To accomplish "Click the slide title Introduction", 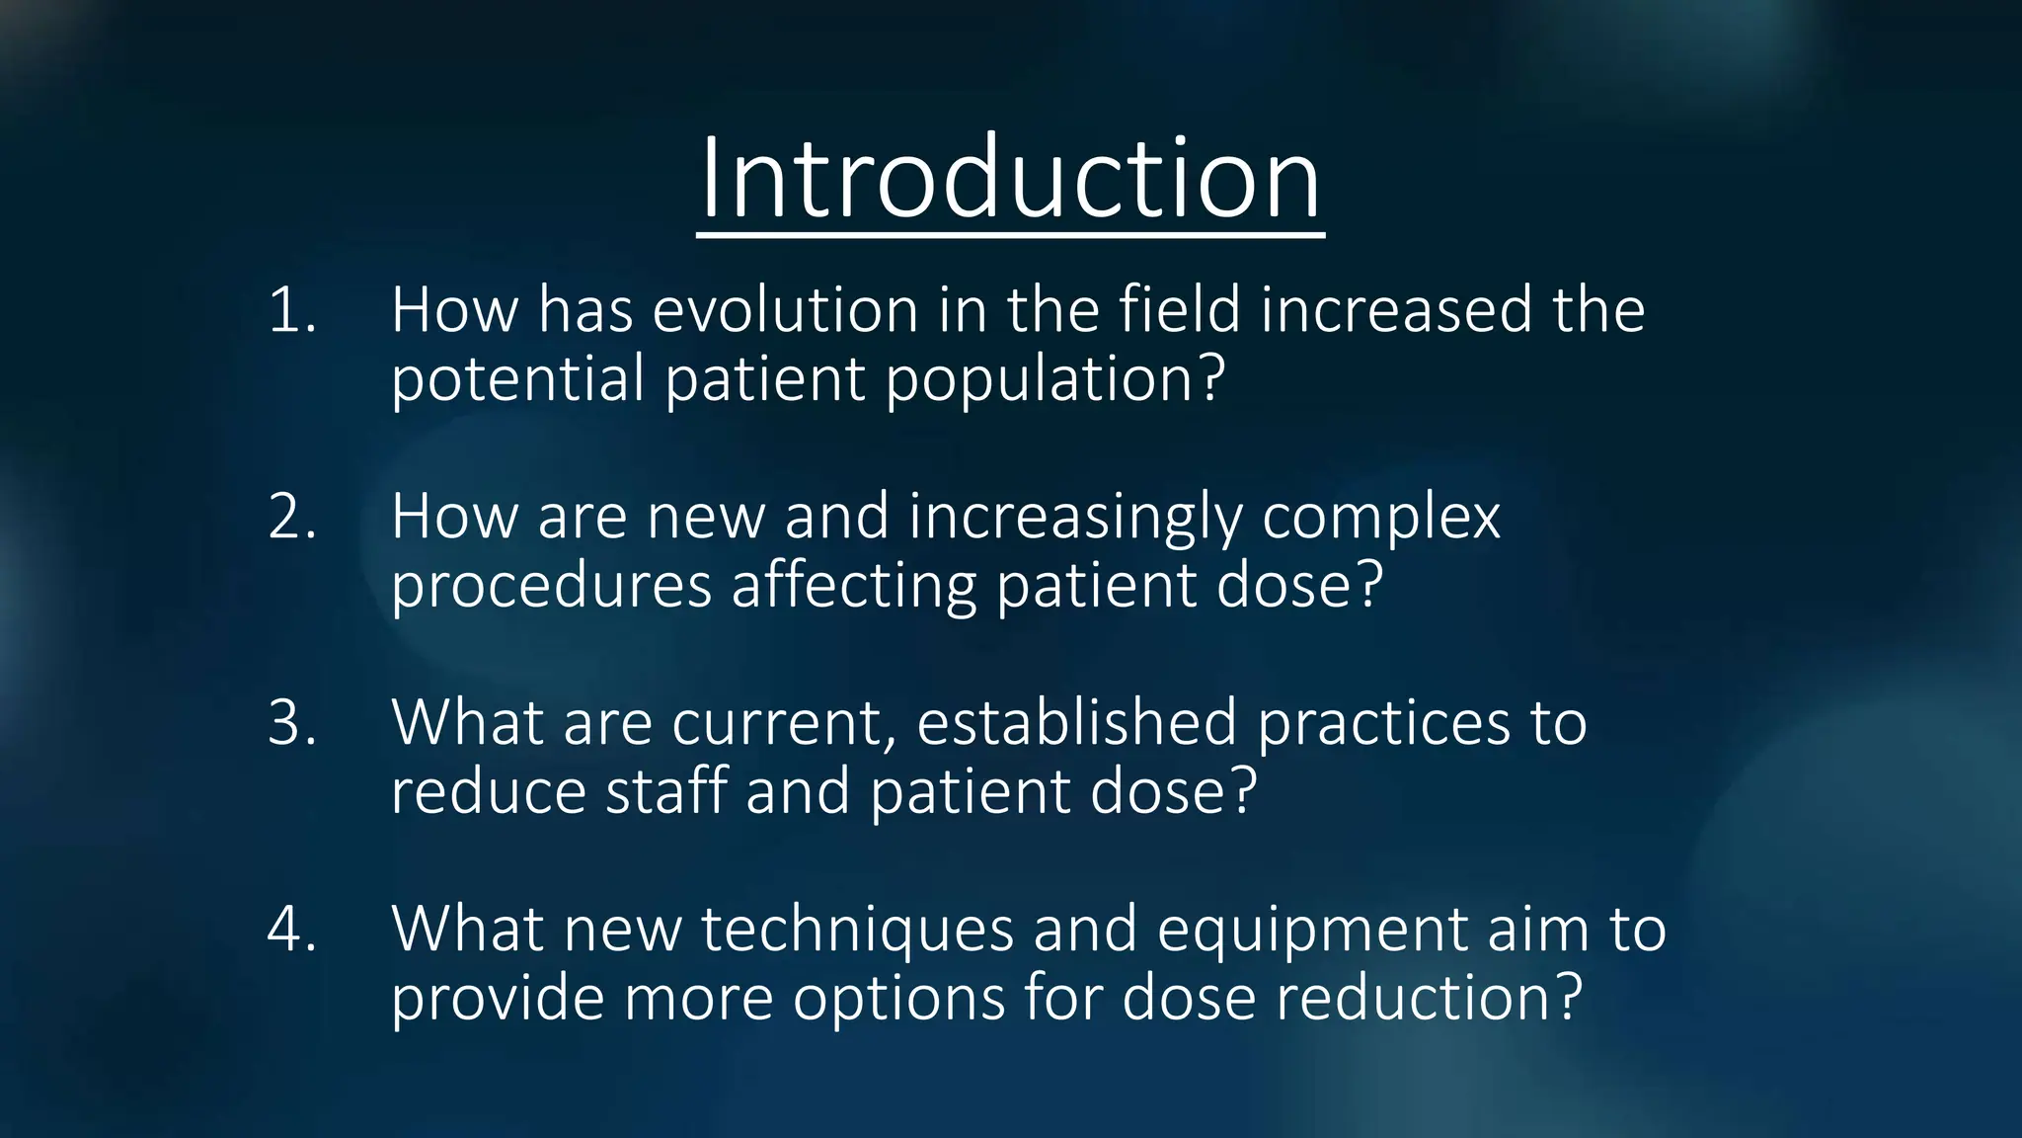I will [x=1010, y=179].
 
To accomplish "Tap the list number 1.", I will [x=292, y=310].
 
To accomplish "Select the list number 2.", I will [x=292, y=517].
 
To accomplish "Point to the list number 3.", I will [x=292, y=723].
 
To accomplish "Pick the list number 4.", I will [x=292, y=930].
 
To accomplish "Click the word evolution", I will [x=785, y=310].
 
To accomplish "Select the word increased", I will [x=1396, y=310].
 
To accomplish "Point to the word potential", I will [x=517, y=378].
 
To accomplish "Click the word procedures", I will [x=551, y=587].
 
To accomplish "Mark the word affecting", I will [x=853, y=587].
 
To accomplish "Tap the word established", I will [x=1076, y=723].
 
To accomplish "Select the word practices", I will [x=1383, y=723].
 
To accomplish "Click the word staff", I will [x=665, y=791].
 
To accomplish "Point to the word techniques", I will [x=857, y=931].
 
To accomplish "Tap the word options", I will [x=898, y=1000].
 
